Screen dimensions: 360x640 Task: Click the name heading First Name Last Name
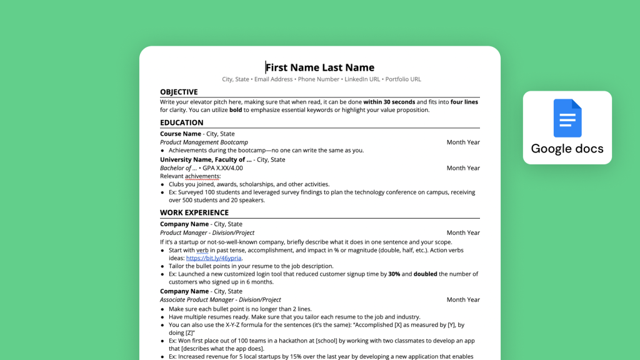click(320, 67)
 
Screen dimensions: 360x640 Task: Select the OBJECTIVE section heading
click(179, 92)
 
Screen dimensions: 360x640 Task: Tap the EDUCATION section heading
click(182, 122)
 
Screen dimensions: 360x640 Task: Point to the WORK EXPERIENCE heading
click(194, 212)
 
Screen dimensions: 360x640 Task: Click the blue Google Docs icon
click(567, 118)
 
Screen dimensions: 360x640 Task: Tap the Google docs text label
click(567, 149)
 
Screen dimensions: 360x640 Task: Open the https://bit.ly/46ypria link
click(214, 257)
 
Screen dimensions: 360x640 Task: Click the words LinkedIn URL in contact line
click(362, 79)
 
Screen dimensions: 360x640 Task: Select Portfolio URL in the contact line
click(403, 79)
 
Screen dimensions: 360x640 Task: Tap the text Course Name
click(181, 134)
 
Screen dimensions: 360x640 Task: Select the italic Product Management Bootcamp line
click(204, 142)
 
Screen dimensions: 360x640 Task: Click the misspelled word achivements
click(202, 176)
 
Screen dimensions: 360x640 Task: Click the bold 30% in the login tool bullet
click(394, 274)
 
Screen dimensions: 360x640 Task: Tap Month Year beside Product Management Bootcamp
click(463, 142)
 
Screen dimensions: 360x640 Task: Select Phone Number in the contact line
click(319, 79)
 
